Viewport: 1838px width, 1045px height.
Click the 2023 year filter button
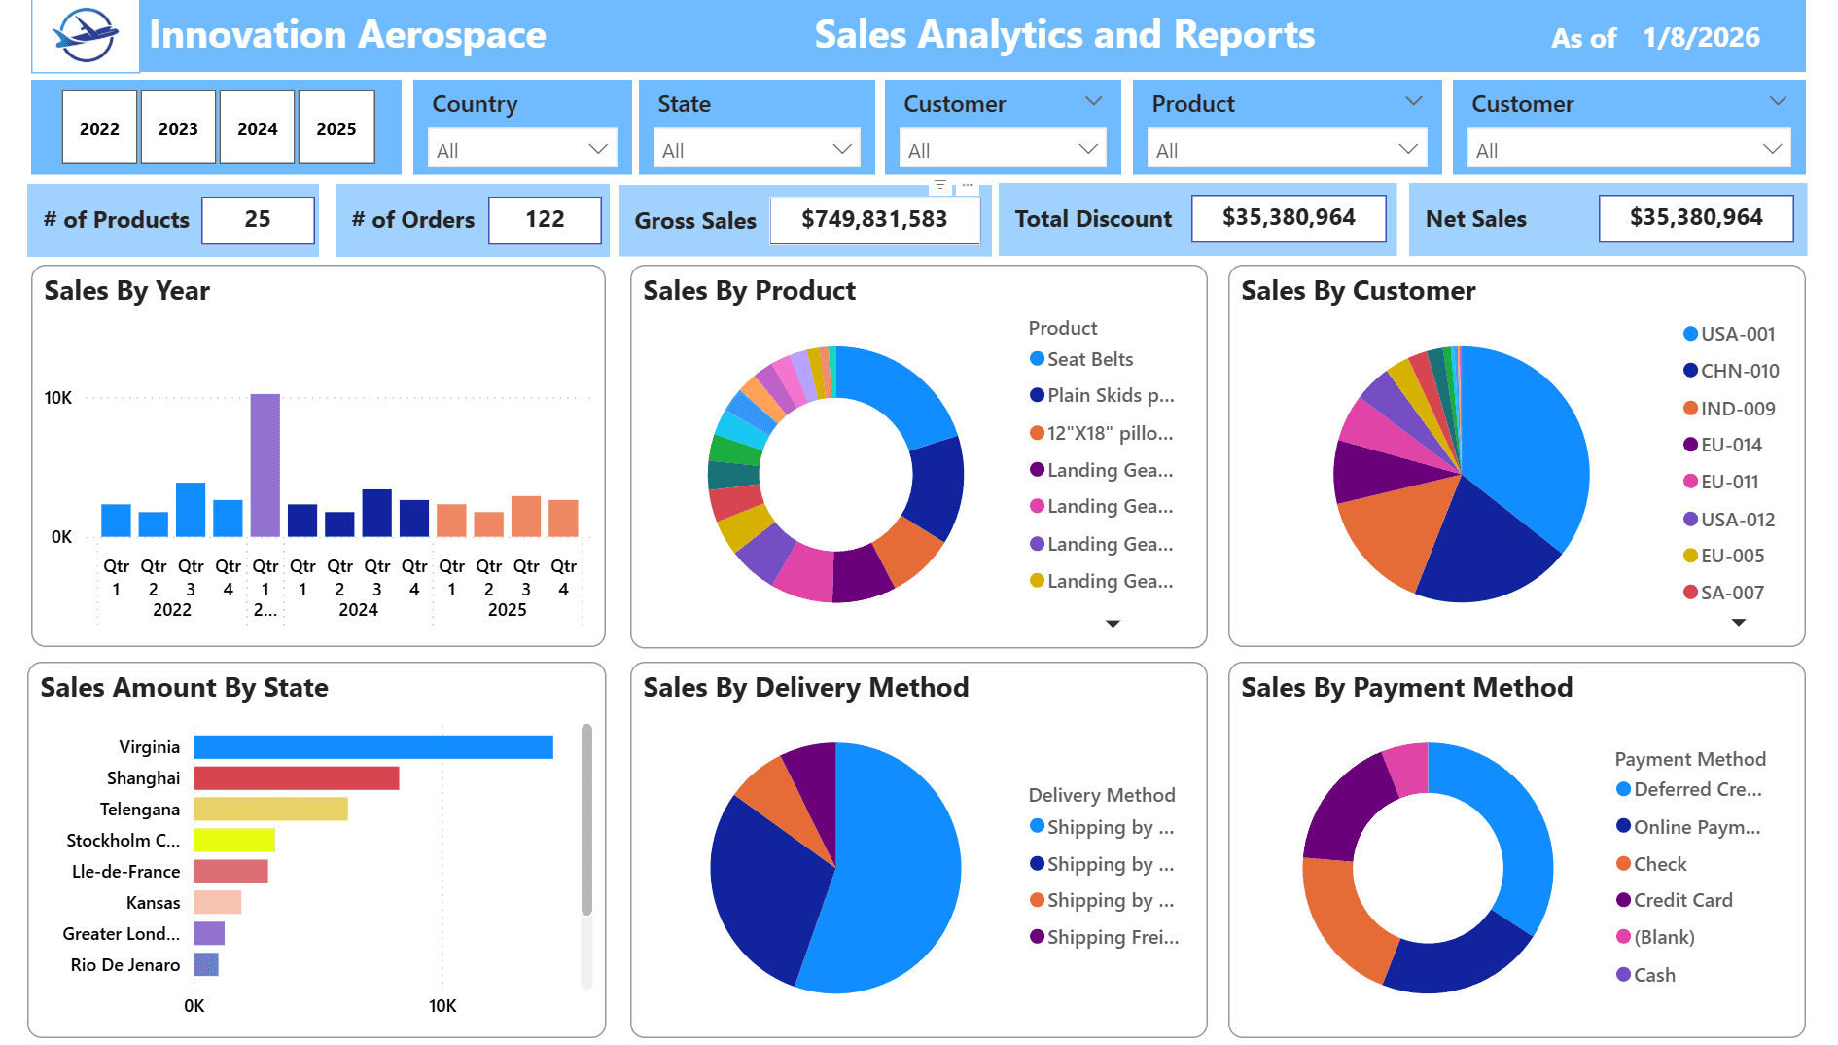pyautogui.click(x=178, y=127)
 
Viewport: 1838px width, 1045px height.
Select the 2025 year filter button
pyautogui.click(x=336, y=127)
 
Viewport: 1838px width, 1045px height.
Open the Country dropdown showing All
pyautogui.click(x=522, y=150)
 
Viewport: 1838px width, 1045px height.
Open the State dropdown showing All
pyautogui.click(x=757, y=150)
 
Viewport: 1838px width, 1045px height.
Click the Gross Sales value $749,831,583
pyautogui.click(x=874, y=220)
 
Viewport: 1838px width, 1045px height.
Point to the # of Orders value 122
pyautogui.click(x=545, y=220)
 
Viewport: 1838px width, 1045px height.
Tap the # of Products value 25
pyautogui.click(x=258, y=220)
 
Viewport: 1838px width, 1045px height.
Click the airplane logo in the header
pyautogui.click(x=86, y=36)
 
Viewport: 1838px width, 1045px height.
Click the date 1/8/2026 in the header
pyautogui.click(x=1701, y=38)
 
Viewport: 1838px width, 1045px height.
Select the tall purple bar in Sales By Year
pyautogui.click(x=265, y=465)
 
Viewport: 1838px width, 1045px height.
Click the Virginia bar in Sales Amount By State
pyautogui.click(x=372, y=747)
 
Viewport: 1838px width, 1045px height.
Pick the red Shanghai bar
pyautogui.click(x=296, y=778)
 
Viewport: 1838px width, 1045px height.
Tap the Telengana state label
pyautogui.click(x=140, y=810)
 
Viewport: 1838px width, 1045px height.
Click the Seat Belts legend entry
pyautogui.click(x=1089, y=359)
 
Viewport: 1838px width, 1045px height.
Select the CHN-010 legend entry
pyautogui.click(x=1739, y=371)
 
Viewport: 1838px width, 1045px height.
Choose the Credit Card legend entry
pyautogui.click(x=1682, y=900)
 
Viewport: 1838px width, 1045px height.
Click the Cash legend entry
pyautogui.click(x=1653, y=975)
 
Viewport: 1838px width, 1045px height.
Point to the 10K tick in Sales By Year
pyautogui.click(x=58, y=398)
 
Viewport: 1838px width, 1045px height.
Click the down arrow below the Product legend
pyautogui.click(x=1113, y=624)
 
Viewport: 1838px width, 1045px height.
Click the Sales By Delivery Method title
pyautogui.click(x=806, y=688)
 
